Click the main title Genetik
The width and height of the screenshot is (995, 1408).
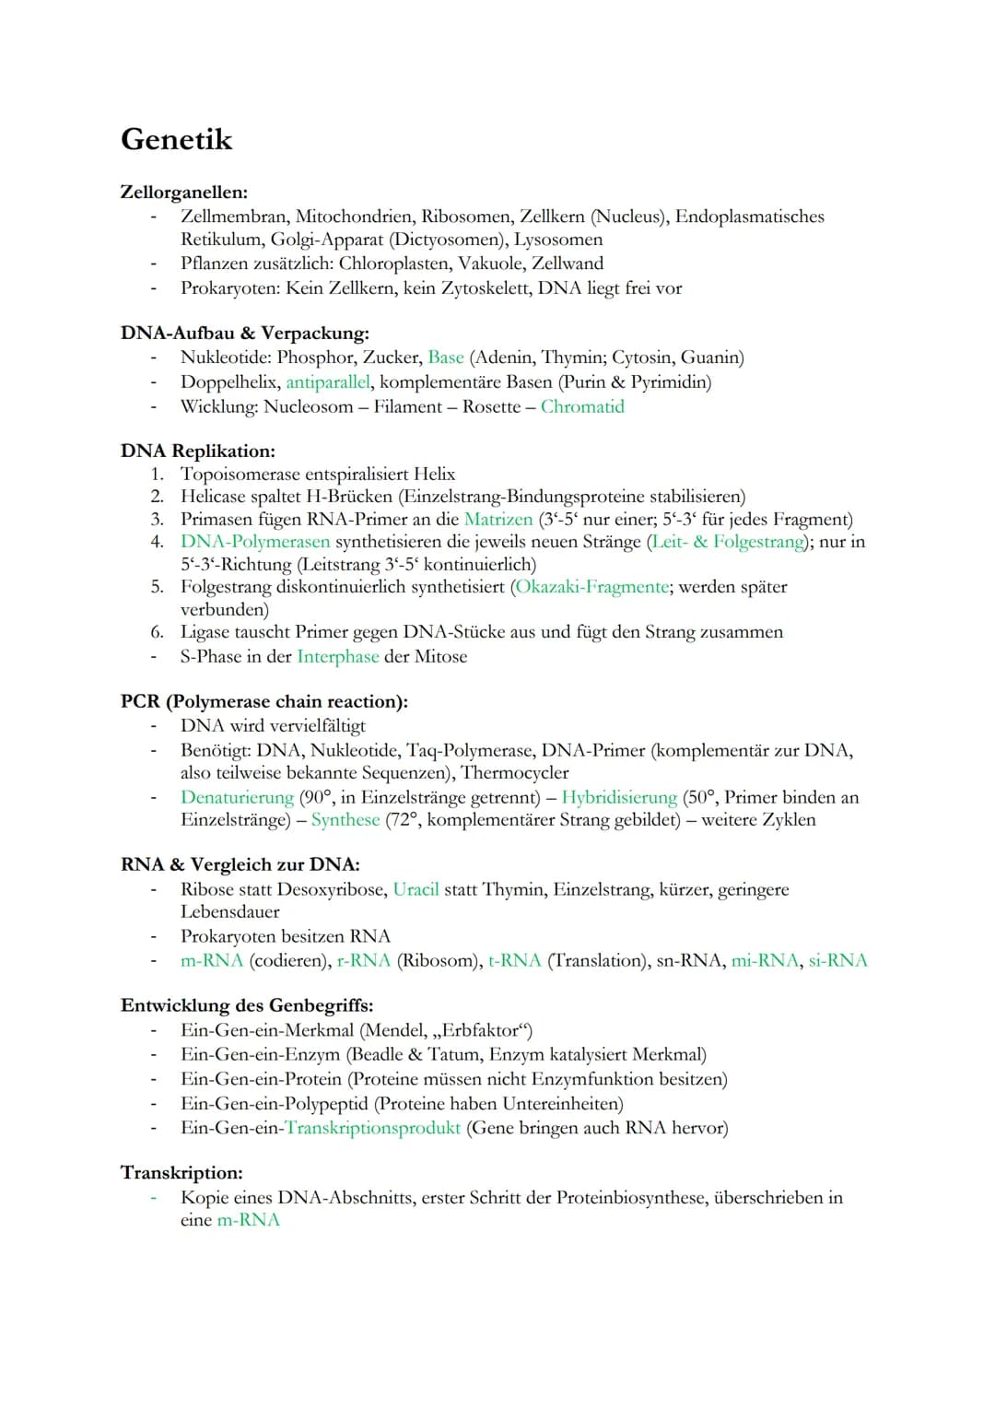[x=176, y=139]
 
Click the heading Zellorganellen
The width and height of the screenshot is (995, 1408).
[x=183, y=193]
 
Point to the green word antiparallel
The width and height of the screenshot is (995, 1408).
[x=328, y=381]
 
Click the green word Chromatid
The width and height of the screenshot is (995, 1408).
[x=582, y=406]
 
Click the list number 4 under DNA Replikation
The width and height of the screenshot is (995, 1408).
[x=157, y=542]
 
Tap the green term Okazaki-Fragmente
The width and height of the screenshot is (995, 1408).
[x=592, y=587]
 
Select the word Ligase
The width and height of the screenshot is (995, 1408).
[x=206, y=632]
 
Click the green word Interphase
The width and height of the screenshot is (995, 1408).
[x=337, y=656]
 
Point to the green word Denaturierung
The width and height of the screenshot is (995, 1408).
[x=237, y=797]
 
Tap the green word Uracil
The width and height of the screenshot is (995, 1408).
[x=416, y=889]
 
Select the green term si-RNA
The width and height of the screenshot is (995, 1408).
[x=837, y=960]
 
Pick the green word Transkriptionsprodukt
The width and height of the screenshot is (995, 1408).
[x=372, y=1128]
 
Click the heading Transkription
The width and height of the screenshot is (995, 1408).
[x=181, y=1173]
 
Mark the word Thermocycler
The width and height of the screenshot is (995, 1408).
[x=514, y=772]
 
